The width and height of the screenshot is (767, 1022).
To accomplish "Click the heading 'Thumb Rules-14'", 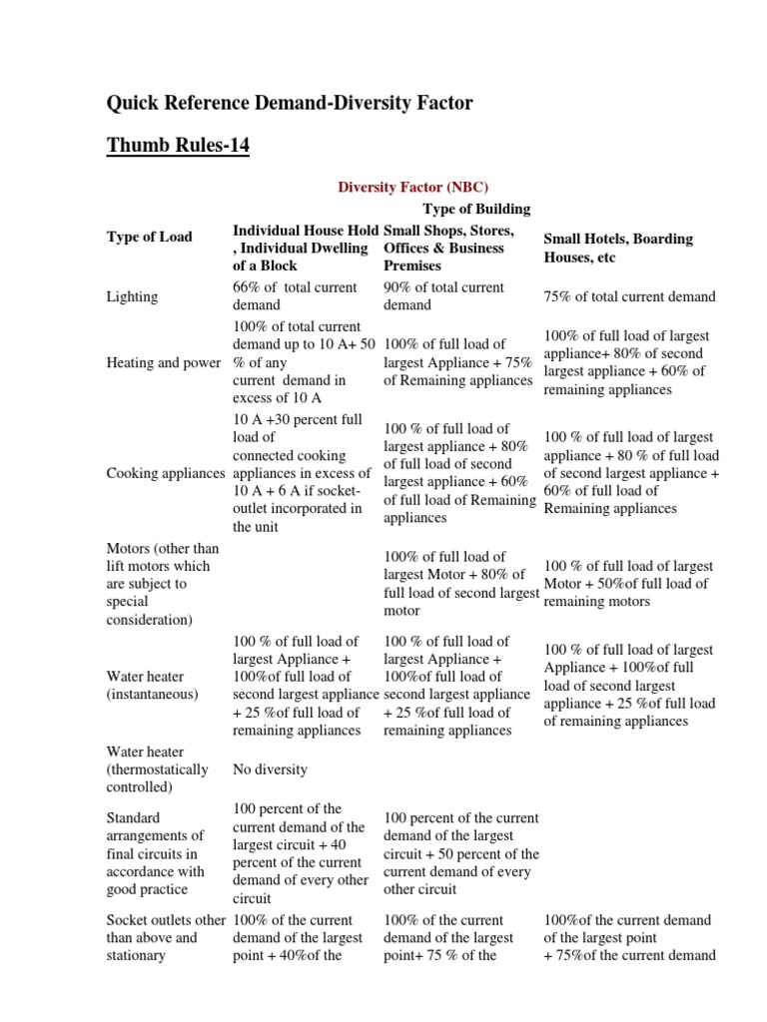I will pyautogui.click(x=178, y=147).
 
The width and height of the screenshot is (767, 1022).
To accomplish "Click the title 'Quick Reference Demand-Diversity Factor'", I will pyautogui.click(x=290, y=103).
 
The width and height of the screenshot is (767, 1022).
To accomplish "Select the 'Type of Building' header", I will pyautogui.click(x=476, y=209).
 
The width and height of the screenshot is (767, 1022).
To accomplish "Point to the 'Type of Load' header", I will pyautogui.click(x=149, y=237).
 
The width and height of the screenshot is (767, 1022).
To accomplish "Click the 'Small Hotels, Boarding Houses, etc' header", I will pyautogui.click(x=617, y=249).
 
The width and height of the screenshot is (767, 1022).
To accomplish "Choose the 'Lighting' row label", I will pyautogui.click(x=133, y=296).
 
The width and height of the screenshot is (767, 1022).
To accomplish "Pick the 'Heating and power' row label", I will pyautogui.click(x=163, y=363).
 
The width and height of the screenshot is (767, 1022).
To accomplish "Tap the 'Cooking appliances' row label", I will pyautogui.click(x=167, y=472).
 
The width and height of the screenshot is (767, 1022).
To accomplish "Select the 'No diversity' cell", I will pyautogui.click(x=270, y=769).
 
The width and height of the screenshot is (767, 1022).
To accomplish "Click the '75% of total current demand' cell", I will pyautogui.click(x=629, y=296).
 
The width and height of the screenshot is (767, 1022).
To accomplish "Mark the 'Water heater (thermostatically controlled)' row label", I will pyautogui.click(x=157, y=769).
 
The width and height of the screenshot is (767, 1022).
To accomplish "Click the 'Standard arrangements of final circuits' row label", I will pyautogui.click(x=155, y=844).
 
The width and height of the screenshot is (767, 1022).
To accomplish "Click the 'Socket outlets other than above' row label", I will pyautogui.click(x=166, y=937).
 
